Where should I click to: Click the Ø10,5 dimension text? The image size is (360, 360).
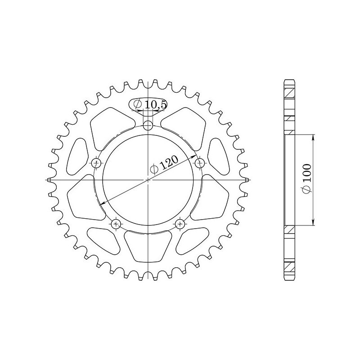(150, 104)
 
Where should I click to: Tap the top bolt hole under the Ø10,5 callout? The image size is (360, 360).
(148, 126)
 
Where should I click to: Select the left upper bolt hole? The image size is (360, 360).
(96, 163)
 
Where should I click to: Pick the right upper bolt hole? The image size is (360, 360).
(200, 163)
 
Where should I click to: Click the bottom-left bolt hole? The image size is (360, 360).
(116, 224)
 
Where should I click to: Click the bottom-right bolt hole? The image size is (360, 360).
(180, 224)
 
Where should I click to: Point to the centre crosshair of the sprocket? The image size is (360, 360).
(148, 180)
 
